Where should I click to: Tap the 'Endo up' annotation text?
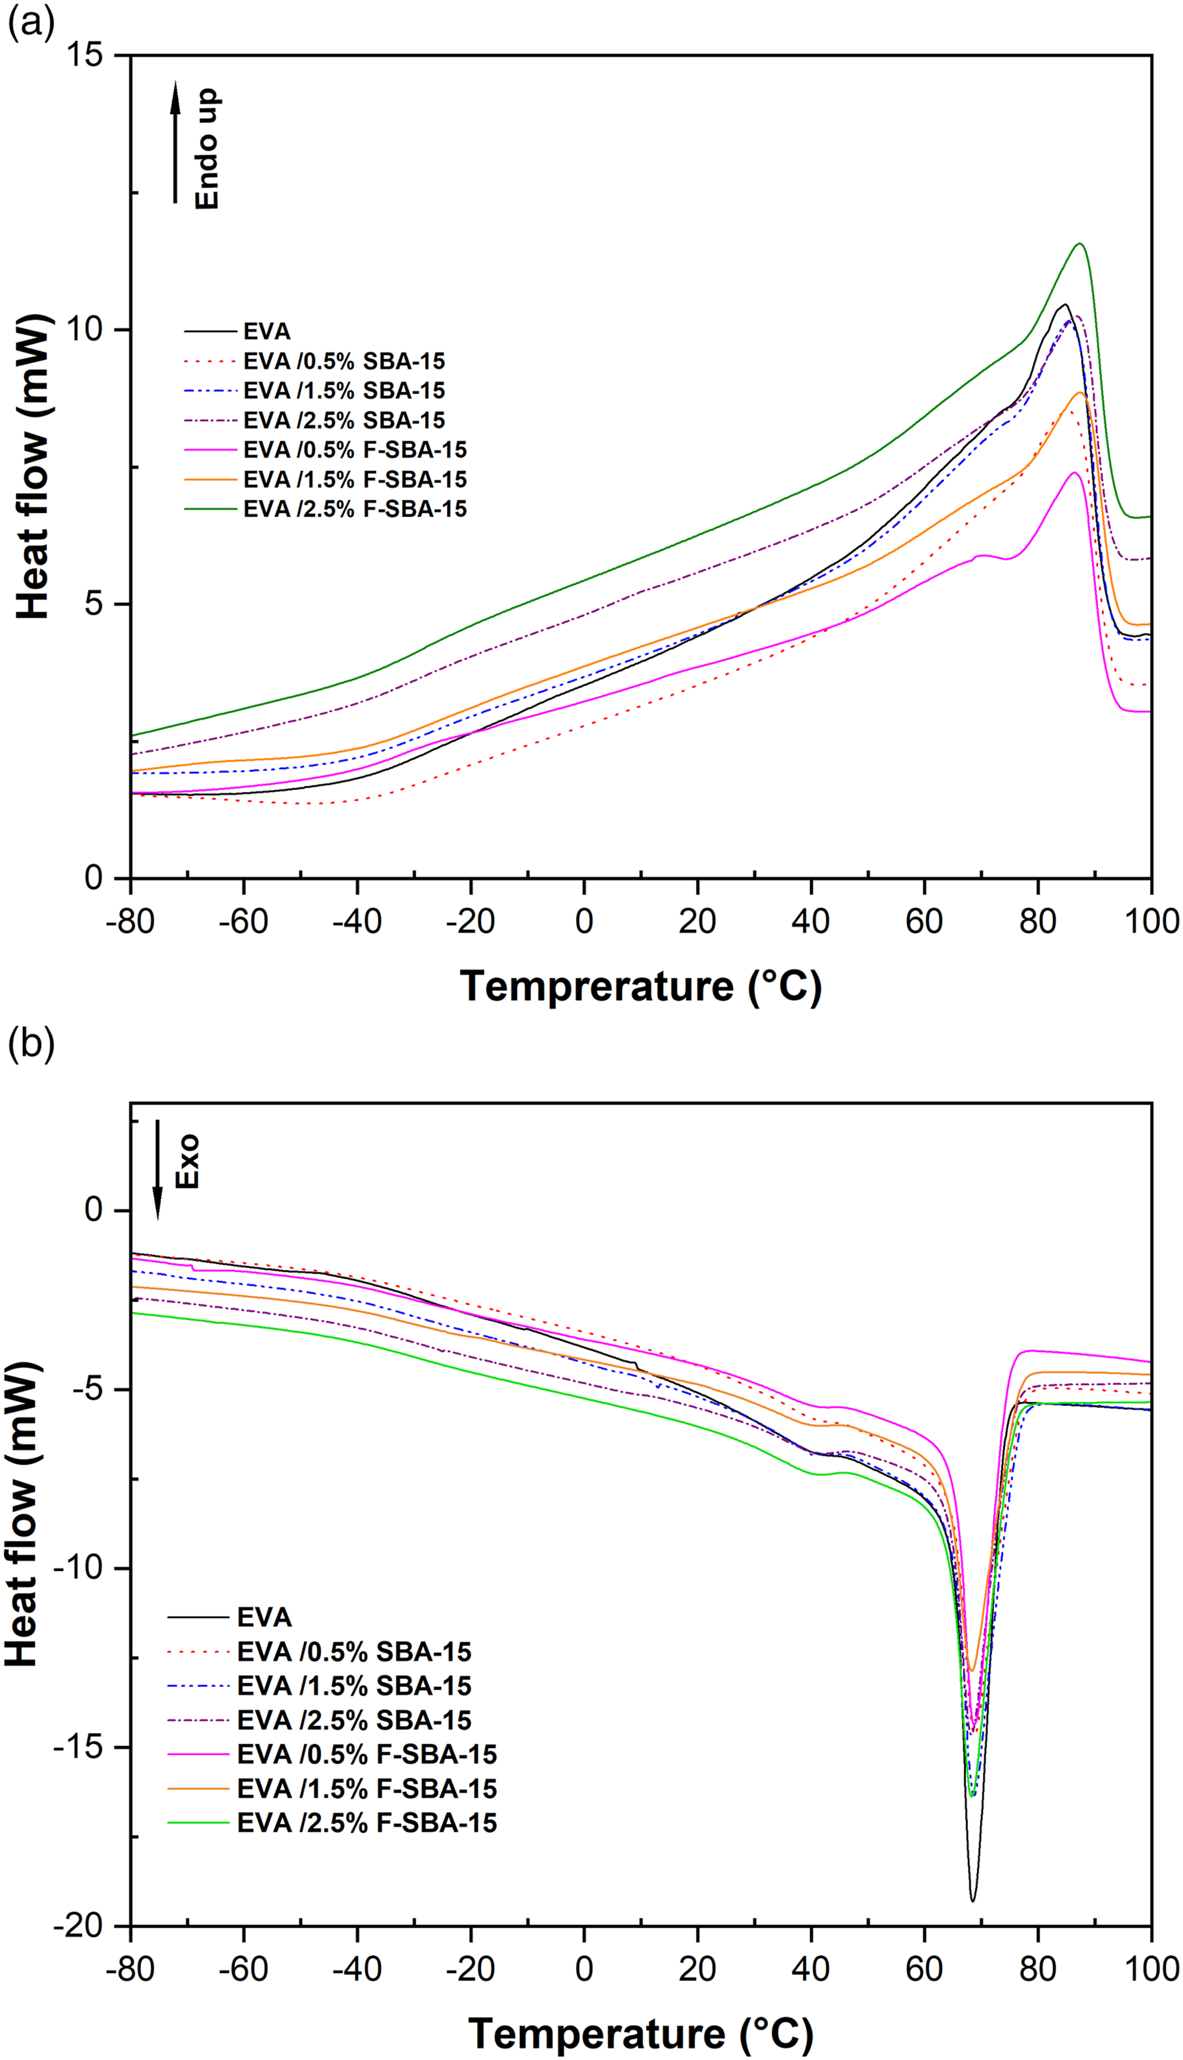pos(207,149)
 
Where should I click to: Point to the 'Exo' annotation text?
pos(187,1162)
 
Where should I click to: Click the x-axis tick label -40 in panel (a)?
pos(357,921)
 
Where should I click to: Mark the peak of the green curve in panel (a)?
pos(1080,244)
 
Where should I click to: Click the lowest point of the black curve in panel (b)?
pos(972,1901)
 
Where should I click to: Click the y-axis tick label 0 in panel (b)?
pos(95,1211)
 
